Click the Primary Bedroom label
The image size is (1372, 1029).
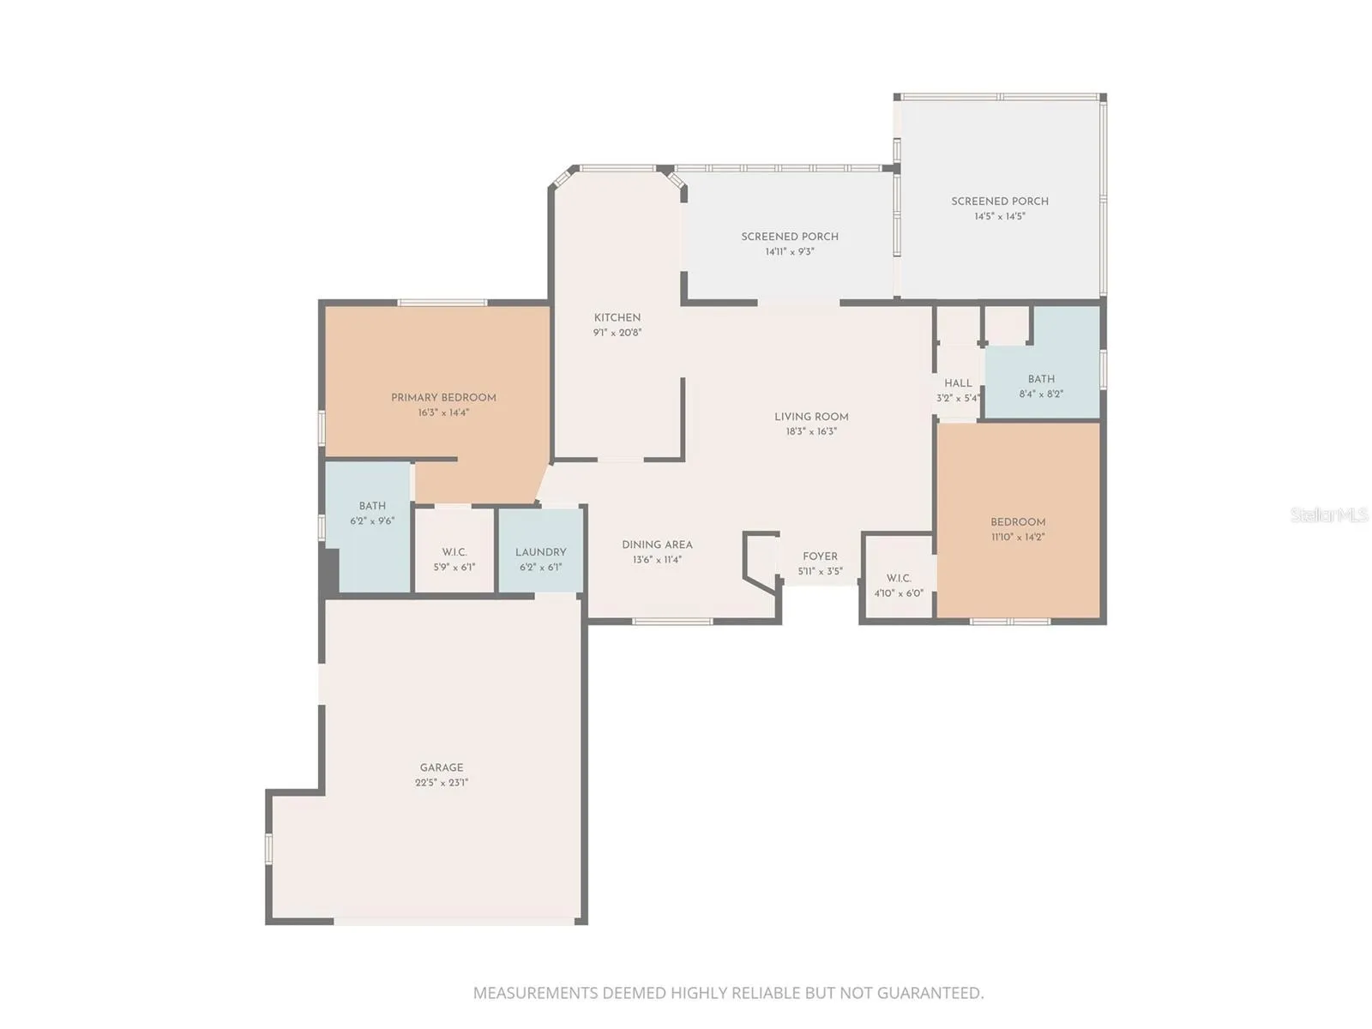(x=443, y=398)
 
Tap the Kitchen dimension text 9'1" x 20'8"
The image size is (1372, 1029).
(x=617, y=333)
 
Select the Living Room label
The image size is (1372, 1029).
(x=811, y=417)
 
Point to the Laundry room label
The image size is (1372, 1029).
(x=541, y=552)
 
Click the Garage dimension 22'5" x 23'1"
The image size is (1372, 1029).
(x=442, y=782)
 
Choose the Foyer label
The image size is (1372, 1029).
(x=820, y=556)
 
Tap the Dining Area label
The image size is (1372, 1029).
(x=657, y=545)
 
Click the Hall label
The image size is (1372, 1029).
(x=958, y=383)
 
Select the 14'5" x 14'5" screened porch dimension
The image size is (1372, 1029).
(x=1000, y=217)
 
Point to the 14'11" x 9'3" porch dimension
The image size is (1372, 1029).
(x=790, y=252)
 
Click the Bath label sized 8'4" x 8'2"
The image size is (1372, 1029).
(x=1041, y=379)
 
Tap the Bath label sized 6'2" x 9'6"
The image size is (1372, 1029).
(x=372, y=506)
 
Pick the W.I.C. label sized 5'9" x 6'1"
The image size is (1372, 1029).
(x=454, y=552)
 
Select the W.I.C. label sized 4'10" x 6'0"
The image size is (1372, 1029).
(x=899, y=579)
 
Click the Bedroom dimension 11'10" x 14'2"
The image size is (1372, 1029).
(x=1018, y=537)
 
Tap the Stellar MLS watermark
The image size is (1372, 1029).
(x=1329, y=514)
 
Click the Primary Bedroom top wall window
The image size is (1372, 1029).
(x=442, y=303)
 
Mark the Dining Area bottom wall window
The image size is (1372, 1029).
(x=672, y=621)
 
